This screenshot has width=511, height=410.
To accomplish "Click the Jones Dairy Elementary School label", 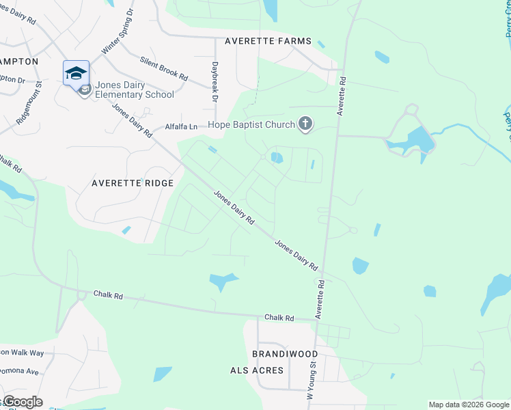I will [x=135, y=90].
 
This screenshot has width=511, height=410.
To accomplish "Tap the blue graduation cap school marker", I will [x=76, y=73].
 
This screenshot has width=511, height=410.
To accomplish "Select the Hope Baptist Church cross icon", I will [x=305, y=124].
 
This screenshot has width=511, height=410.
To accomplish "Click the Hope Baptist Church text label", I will [x=251, y=124].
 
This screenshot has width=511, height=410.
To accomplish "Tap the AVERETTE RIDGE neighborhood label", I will [x=133, y=183].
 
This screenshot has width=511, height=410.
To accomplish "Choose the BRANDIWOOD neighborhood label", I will [x=285, y=353].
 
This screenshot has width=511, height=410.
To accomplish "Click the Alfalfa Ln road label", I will [x=181, y=126].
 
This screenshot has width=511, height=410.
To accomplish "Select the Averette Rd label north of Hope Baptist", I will [x=342, y=97].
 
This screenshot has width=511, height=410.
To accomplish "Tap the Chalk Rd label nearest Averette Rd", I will [x=279, y=318].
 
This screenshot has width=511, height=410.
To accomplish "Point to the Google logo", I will [x=22, y=402].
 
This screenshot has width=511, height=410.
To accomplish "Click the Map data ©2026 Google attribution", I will [x=468, y=405].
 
